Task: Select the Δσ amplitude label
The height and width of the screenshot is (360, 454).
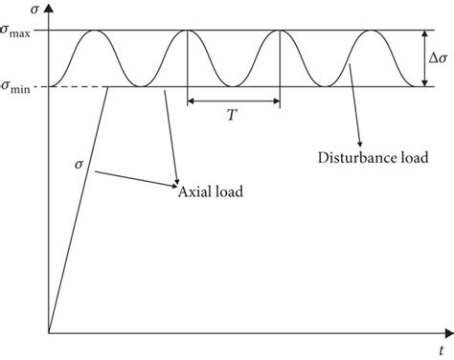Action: point(437,59)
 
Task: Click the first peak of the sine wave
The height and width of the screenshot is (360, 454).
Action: point(95,32)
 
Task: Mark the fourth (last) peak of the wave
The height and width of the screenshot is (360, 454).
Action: point(371,32)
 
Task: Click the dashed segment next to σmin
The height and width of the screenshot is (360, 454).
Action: point(77,87)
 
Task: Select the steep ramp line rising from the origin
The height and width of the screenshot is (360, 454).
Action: point(81,211)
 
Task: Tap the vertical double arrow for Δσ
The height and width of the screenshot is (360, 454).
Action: point(423,59)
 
